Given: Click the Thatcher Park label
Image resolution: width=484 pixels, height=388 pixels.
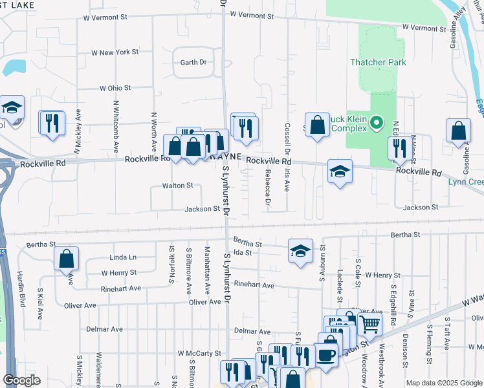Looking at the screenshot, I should (378, 62).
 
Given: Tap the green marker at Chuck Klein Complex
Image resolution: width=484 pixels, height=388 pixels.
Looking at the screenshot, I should (379, 122).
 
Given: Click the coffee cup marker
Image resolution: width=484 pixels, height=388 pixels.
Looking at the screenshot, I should (326, 355).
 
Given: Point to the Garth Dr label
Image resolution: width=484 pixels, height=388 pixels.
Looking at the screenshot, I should (193, 62).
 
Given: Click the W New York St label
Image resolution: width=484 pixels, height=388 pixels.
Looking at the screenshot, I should (115, 52).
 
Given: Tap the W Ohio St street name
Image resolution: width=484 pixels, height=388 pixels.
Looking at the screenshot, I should (115, 87).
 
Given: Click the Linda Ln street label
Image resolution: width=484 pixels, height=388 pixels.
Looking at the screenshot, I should (124, 257).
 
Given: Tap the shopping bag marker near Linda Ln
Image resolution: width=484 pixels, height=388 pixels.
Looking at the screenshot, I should (67, 259).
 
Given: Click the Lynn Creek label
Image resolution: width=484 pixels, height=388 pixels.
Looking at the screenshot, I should (466, 182).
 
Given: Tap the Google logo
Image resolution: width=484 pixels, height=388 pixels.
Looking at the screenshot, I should (22, 380).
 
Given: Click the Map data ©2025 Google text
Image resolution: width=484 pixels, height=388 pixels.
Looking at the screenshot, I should (443, 383).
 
